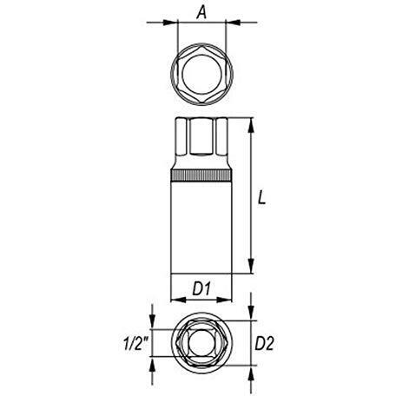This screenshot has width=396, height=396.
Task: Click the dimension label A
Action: click(x=201, y=12)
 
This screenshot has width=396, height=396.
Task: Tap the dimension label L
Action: click(x=261, y=198)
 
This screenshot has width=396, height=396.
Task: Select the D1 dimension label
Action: click(x=201, y=288)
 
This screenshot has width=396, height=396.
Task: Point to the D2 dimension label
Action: click(x=264, y=344)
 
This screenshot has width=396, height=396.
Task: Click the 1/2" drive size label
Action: click(x=135, y=344)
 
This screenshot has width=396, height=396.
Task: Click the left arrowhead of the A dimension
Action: click(x=170, y=23)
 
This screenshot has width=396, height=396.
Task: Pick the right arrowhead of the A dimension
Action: click(x=233, y=23)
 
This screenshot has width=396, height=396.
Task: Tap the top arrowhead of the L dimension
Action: click(x=251, y=125)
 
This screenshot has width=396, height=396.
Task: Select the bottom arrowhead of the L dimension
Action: click(x=251, y=266)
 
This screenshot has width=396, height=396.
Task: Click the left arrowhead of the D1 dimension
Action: click(x=178, y=300)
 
